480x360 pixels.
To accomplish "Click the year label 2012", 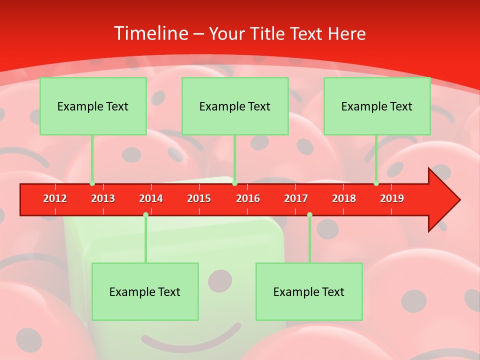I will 55,198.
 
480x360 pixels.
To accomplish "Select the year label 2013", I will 103,198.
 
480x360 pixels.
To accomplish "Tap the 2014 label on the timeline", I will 151,198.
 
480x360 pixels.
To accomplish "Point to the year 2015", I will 199,198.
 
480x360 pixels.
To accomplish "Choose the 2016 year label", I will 248,198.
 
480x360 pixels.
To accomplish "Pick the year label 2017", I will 296,198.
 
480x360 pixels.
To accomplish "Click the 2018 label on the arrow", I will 344,198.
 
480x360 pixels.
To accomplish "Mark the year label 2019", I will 392,198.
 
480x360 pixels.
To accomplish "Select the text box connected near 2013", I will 93,106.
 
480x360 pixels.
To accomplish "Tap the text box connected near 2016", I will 235,106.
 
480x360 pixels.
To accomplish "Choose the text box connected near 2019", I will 377,106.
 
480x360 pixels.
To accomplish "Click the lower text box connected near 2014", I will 145,291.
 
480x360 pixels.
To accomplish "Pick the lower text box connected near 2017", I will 309,291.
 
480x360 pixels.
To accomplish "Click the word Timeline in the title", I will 150,33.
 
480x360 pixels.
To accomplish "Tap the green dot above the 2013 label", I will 92,183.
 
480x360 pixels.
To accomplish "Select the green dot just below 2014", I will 145,214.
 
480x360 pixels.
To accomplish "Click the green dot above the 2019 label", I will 376,183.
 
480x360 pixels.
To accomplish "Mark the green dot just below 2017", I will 309,214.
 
